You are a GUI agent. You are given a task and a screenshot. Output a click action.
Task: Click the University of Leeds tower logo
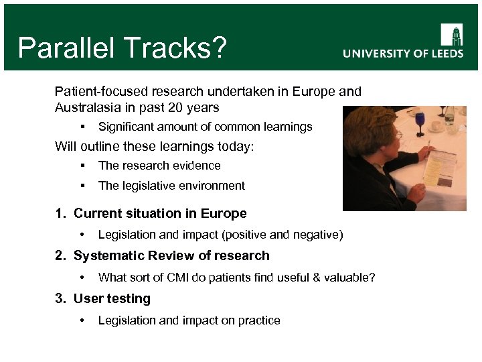click(451, 34)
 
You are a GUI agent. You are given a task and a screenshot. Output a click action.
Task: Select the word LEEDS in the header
click(443, 54)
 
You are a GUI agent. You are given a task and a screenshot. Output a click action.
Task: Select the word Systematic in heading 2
click(104, 255)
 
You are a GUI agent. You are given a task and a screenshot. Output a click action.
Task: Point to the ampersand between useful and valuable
click(321, 278)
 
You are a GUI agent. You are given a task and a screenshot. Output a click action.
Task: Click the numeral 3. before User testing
click(61, 298)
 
